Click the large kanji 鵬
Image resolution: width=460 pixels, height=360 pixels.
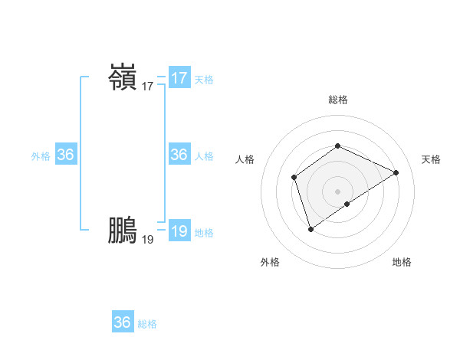coord(123,231)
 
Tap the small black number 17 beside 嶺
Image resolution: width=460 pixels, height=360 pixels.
coord(148,87)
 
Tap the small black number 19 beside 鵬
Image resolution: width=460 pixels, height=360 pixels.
coord(148,240)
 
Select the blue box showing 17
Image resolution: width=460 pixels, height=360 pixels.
coord(179,78)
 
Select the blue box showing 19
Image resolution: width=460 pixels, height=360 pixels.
coord(179,231)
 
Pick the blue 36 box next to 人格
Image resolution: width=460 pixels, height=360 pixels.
coord(179,155)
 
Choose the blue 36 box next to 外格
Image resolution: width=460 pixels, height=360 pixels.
coord(66,155)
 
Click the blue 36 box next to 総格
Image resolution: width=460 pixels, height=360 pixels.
coord(123,322)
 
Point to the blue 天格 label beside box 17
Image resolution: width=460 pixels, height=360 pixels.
coord(204,80)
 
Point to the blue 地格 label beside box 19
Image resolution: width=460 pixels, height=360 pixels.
coord(204,233)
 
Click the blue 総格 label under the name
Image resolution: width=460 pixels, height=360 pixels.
coord(147,324)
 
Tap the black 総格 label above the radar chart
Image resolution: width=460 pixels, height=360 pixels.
coord(338,100)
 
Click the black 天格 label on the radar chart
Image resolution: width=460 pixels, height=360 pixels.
coord(432,159)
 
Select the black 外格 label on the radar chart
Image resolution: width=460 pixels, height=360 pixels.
coord(270,262)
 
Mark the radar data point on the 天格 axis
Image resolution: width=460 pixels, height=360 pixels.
coord(396,172)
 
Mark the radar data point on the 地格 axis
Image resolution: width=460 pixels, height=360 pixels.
coord(347,204)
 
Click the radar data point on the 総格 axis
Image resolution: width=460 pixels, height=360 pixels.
coord(337,146)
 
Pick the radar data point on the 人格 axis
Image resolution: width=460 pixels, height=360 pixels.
coord(294,178)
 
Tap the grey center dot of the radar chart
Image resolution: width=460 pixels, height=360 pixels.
coord(337,191)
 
